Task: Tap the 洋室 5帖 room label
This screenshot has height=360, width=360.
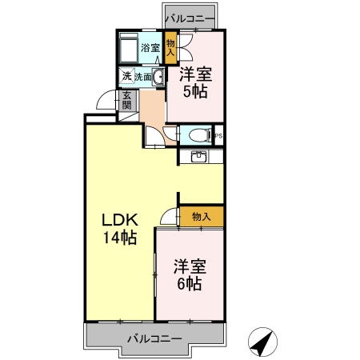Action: (x=195, y=83)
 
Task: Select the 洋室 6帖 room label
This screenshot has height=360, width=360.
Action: (x=190, y=274)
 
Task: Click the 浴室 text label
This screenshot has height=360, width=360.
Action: (x=150, y=48)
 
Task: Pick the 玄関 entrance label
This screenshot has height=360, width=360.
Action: (x=126, y=102)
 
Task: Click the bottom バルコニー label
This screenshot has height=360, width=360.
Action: (x=154, y=338)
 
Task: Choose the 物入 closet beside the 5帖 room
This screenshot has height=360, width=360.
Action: (x=170, y=47)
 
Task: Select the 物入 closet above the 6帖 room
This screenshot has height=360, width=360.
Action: (x=201, y=216)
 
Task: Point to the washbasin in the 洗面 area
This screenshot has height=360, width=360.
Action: (x=157, y=77)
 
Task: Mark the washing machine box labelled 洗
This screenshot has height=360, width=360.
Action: (x=126, y=77)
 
